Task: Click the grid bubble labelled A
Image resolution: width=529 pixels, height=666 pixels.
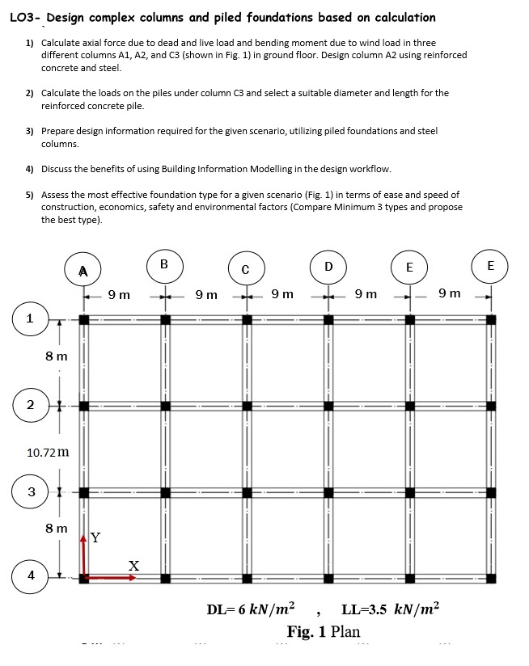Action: click(x=83, y=269)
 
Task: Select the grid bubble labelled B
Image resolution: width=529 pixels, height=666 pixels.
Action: click(x=164, y=264)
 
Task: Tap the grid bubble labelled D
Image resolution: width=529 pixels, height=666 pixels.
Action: click(x=328, y=266)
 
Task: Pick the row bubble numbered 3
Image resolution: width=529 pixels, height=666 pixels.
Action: click(x=30, y=491)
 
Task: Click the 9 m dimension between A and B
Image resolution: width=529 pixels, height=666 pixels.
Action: click(x=119, y=294)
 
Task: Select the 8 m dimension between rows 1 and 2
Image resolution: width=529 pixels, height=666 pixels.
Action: click(x=57, y=356)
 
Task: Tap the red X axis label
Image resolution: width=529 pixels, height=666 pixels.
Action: click(x=133, y=567)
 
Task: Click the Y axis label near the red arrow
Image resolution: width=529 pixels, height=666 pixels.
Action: click(x=95, y=537)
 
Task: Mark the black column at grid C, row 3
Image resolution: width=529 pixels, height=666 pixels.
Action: click(x=247, y=491)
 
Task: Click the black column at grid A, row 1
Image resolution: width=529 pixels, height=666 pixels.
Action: click(x=84, y=320)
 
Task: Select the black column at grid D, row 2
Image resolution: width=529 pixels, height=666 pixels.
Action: click(x=328, y=406)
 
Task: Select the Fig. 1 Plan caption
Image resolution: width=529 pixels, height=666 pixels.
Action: click(x=324, y=630)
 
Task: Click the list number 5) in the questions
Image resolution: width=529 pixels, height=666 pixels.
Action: click(x=30, y=195)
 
